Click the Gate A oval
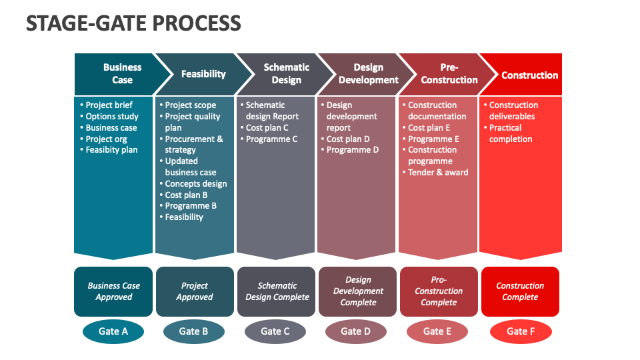(x=113, y=331)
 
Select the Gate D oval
(x=355, y=331)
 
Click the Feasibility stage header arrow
(x=200, y=74)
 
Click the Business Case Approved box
(x=113, y=291)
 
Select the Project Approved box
(x=195, y=291)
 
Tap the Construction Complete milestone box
(x=520, y=291)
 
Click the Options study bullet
(x=111, y=116)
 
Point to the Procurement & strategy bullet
(x=193, y=144)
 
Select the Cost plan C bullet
(x=267, y=127)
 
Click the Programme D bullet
(x=352, y=150)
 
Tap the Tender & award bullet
(x=438, y=172)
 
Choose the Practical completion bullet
(x=510, y=133)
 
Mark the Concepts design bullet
(x=195, y=183)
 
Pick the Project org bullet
(x=106, y=139)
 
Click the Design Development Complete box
(x=358, y=291)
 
